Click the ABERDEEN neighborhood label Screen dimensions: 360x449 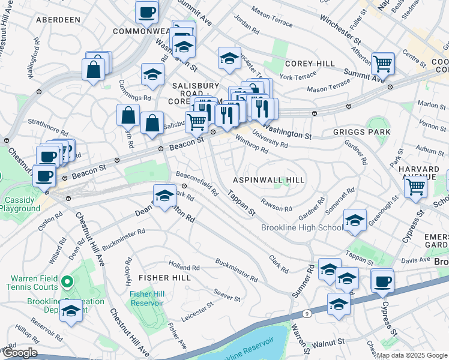pyautogui.click(x=58, y=20)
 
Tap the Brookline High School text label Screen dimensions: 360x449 pyautogui.click(x=302, y=228)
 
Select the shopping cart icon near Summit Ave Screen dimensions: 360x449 pyautogui.click(x=382, y=62)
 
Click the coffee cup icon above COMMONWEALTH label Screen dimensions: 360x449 pyautogui.click(x=146, y=11)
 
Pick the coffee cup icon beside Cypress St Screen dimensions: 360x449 pyautogui.click(x=382, y=281)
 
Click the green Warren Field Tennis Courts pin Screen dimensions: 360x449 pyautogui.click(x=68, y=281)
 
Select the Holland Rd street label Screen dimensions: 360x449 pyautogui.click(x=184, y=267)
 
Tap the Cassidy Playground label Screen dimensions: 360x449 pyautogui.click(x=20, y=204)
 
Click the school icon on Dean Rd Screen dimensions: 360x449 pyautogui.click(x=164, y=196)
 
